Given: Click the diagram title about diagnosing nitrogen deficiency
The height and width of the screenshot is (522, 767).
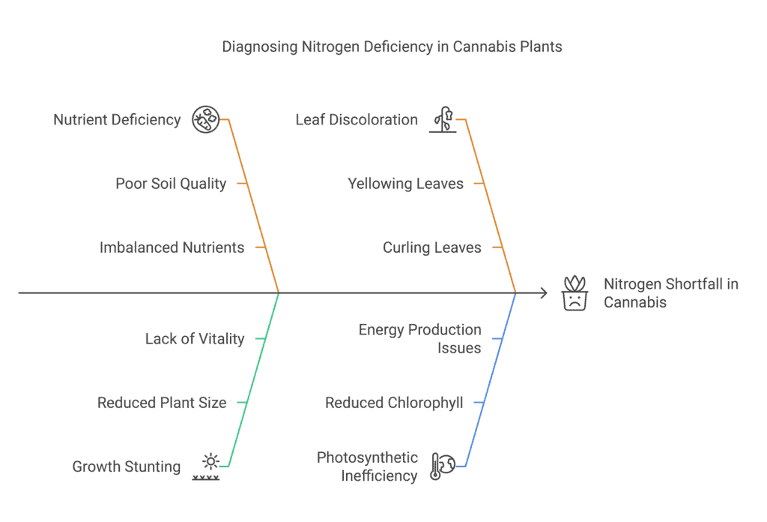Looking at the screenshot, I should tap(392, 46).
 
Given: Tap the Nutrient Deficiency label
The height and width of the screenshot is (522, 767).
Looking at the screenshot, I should tap(117, 120).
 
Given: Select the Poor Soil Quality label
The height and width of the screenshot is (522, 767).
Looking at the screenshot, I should tap(171, 184).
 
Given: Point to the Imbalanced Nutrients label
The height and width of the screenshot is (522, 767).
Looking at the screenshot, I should tap(172, 247).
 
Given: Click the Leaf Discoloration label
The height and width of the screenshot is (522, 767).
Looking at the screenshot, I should tap(357, 120).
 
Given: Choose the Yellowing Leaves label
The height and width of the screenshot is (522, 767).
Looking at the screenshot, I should tap(405, 184).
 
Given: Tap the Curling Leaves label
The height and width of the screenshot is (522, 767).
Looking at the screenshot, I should tap(431, 247).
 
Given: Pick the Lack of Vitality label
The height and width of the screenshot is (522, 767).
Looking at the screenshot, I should tap(195, 339).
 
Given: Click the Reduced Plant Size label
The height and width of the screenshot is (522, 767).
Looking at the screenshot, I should tap(162, 403).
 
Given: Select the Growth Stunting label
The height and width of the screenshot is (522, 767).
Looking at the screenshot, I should tap(127, 466).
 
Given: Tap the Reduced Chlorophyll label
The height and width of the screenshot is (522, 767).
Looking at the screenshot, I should tap(394, 403).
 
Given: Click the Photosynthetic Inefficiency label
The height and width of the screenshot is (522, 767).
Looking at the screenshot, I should tap(367, 466).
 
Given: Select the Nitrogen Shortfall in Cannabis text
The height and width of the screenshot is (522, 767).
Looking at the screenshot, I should tap(670, 293).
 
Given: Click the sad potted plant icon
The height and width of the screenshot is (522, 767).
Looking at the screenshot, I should tap(575, 293).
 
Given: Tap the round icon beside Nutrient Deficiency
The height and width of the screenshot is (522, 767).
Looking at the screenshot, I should tap(205, 120).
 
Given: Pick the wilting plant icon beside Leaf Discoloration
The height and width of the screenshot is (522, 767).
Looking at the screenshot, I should tap(443, 120).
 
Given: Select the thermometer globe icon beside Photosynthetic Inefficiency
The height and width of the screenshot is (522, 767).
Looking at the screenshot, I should tap(443, 466).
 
